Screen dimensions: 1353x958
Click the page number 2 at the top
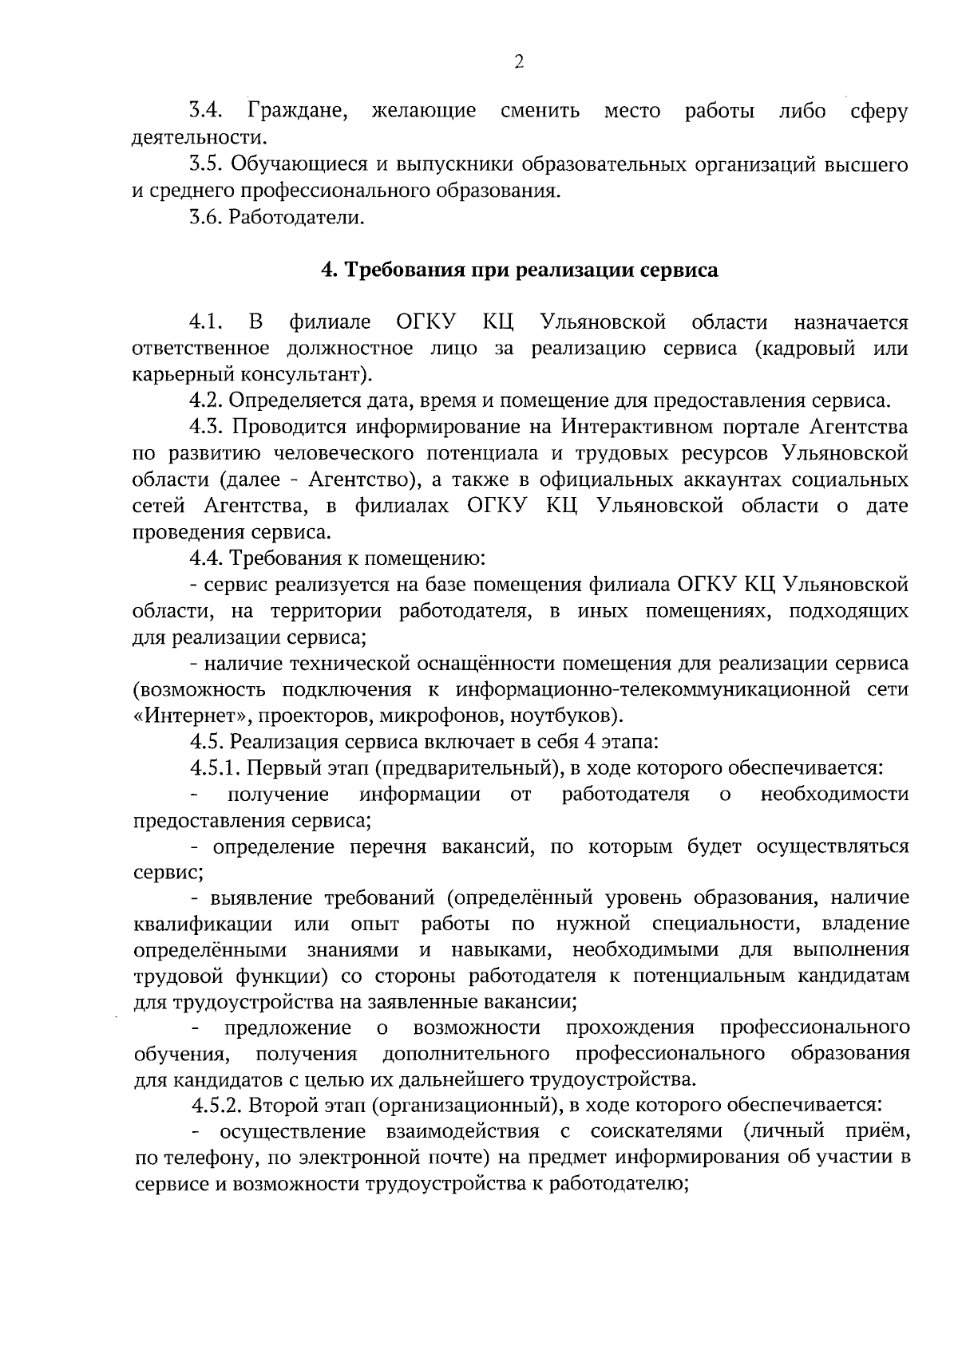point(518,62)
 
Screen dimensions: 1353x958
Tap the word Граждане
point(298,112)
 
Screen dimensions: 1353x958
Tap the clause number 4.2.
point(207,400)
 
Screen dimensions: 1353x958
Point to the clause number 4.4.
point(207,558)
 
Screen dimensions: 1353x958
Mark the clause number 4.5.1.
point(215,767)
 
